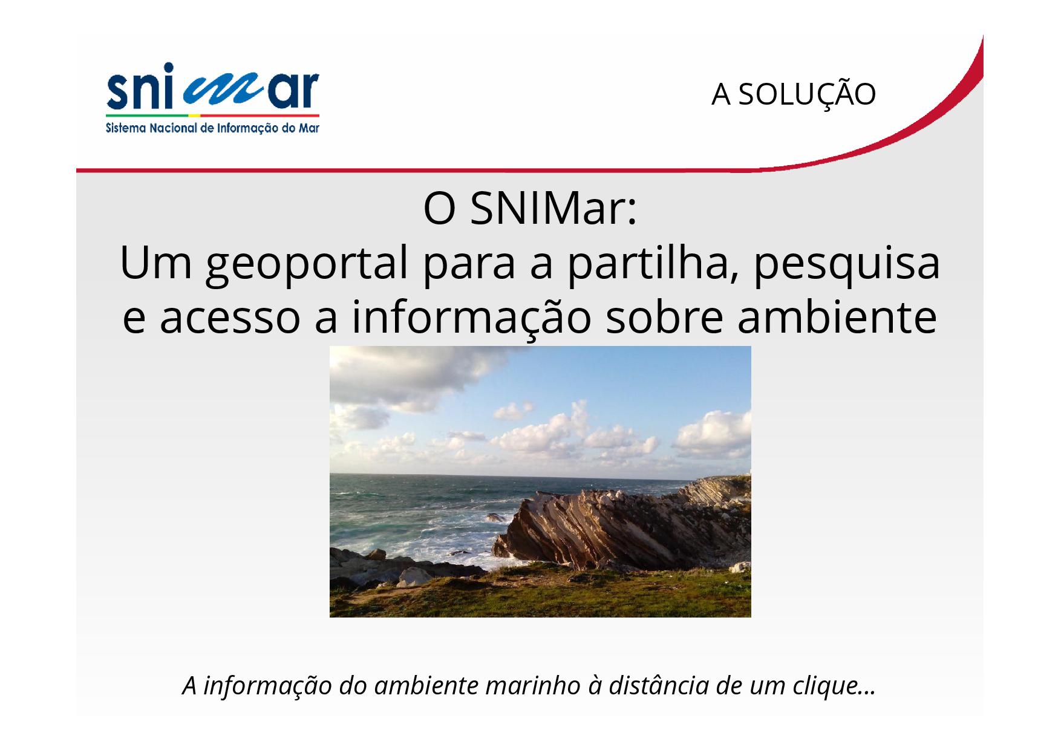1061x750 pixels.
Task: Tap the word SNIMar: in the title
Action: [553, 209]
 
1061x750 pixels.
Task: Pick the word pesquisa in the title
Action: [846, 264]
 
